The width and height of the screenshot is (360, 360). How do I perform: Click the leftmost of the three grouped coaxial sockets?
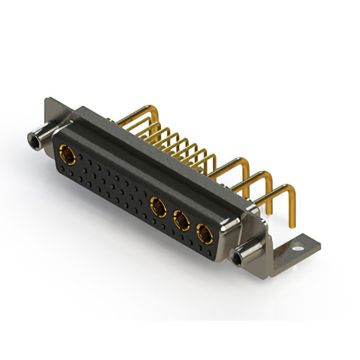pyautogui.click(x=157, y=206)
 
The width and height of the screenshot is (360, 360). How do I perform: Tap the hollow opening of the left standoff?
pyautogui.click(x=31, y=137)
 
